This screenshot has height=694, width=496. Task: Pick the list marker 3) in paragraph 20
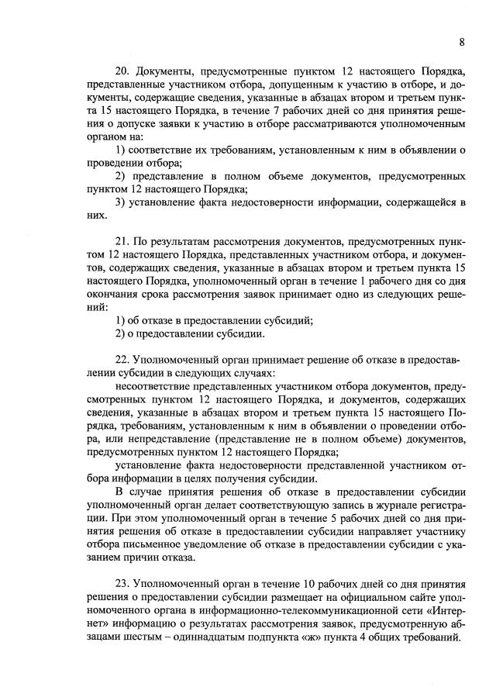[120, 203]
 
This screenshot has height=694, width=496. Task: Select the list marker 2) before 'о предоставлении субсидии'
[120, 334]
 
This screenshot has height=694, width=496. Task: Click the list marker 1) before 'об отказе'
[120, 320]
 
